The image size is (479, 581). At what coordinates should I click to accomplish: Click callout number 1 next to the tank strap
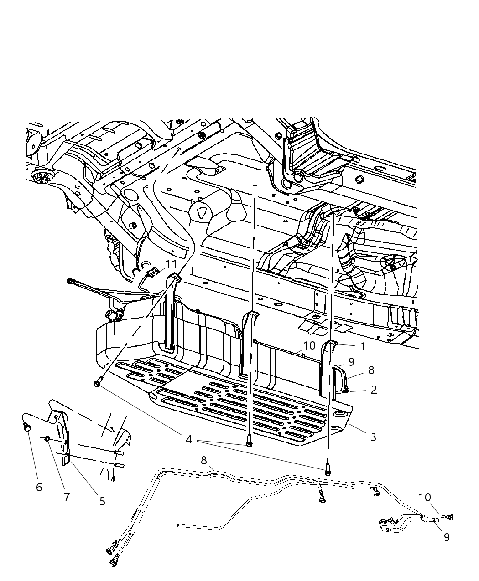pyautogui.click(x=363, y=346)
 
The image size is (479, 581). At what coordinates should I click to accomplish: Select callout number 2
pyautogui.click(x=374, y=390)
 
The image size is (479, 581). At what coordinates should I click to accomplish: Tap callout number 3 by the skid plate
pyautogui.click(x=373, y=437)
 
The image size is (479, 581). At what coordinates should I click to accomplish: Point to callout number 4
pyautogui.click(x=188, y=440)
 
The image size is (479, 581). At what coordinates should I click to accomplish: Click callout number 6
pyautogui.click(x=39, y=487)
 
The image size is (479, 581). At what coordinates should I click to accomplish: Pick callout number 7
pyautogui.click(x=67, y=496)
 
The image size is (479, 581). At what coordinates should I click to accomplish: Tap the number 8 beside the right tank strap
pyautogui.click(x=370, y=370)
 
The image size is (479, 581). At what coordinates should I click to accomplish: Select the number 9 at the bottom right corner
pyautogui.click(x=447, y=537)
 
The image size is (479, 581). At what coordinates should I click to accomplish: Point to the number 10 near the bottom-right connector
pyautogui.click(x=425, y=497)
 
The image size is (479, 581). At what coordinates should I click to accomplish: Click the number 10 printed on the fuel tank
pyautogui.click(x=309, y=345)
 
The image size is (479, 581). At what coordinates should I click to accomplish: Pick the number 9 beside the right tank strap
pyautogui.click(x=351, y=362)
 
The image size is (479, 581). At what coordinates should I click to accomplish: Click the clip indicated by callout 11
pyautogui.click(x=154, y=273)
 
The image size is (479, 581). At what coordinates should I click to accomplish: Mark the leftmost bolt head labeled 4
pyautogui.click(x=97, y=385)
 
